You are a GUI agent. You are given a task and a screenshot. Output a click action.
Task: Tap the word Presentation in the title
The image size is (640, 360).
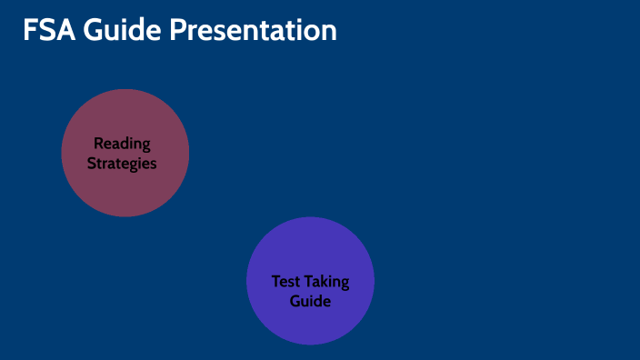pos(254,30)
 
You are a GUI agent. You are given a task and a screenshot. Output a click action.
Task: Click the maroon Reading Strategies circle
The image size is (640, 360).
pos(125,186)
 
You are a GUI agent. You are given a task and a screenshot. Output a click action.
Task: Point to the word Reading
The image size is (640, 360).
pos(122,144)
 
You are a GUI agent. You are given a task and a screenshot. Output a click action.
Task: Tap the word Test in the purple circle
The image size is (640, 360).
pos(285,281)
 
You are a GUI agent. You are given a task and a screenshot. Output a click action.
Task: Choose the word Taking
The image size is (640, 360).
pos(327,281)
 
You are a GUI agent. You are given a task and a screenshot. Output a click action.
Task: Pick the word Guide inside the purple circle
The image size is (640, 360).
pos(310,301)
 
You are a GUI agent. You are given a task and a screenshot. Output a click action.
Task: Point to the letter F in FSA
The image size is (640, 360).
pos(30,30)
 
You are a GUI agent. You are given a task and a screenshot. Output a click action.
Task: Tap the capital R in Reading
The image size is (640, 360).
pos(98,144)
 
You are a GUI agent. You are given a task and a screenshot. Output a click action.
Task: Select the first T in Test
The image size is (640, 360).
pos(275,281)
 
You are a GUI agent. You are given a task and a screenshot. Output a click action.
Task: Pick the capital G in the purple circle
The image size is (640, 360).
pos(295,301)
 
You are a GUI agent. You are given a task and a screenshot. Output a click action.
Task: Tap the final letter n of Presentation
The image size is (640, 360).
pos(329,32)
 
